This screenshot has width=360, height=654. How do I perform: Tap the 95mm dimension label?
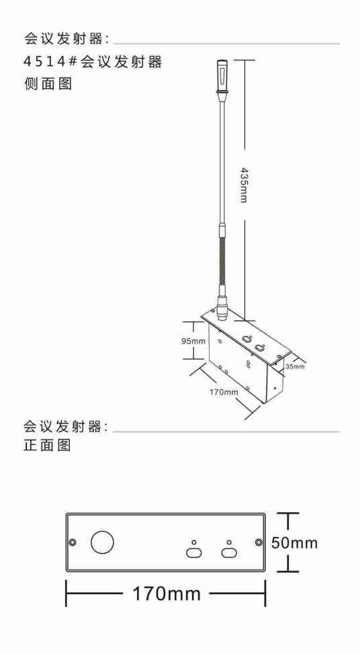click(x=193, y=341)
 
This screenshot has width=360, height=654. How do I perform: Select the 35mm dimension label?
click(x=295, y=366)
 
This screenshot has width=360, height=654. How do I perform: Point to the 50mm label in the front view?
click(x=295, y=542)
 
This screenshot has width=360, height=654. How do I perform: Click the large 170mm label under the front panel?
click(x=167, y=594)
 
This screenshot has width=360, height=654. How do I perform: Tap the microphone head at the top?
click(x=221, y=77)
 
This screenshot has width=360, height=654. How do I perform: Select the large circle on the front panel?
click(x=103, y=542)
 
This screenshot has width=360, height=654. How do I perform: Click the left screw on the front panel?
click(x=73, y=542)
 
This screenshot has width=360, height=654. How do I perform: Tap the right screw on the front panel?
click(x=259, y=542)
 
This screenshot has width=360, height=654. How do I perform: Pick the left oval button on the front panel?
click(x=193, y=553)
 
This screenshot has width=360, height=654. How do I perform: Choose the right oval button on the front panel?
click(x=229, y=553)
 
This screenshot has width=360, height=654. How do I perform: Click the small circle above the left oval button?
click(x=193, y=542)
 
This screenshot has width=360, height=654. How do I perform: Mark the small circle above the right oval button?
click(x=229, y=542)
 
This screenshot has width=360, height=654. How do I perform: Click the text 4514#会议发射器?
click(x=93, y=62)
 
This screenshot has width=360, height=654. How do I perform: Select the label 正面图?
click(x=47, y=445)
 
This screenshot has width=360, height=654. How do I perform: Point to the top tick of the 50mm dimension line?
click(x=287, y=513)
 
